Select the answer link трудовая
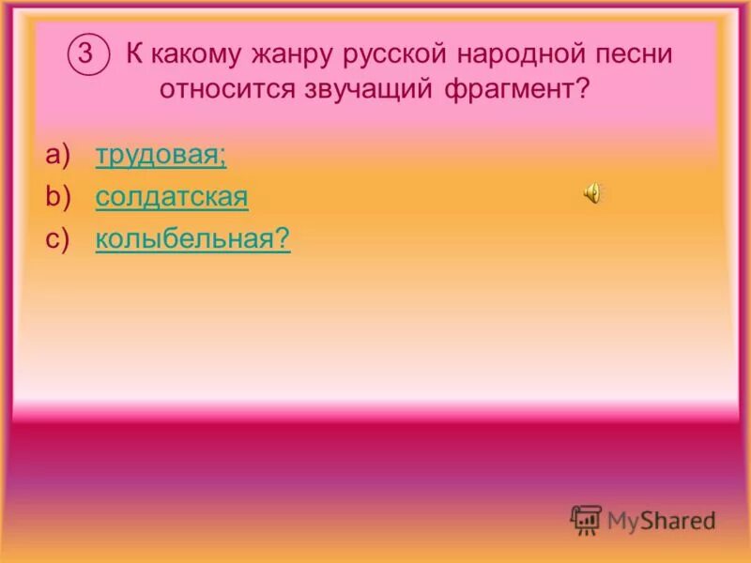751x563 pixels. click(x=161, y=156)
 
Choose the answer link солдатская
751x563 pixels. click(x=172, y=198)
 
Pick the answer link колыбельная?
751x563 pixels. click(x=192, y=240)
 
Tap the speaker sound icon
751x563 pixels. click(x=593, y=194)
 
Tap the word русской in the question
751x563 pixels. click(x=391, y=54)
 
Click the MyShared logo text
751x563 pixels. click(x=661, y=520)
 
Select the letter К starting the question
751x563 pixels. click(x=133, y=54)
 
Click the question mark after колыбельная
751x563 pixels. click(x=282, y=240)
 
